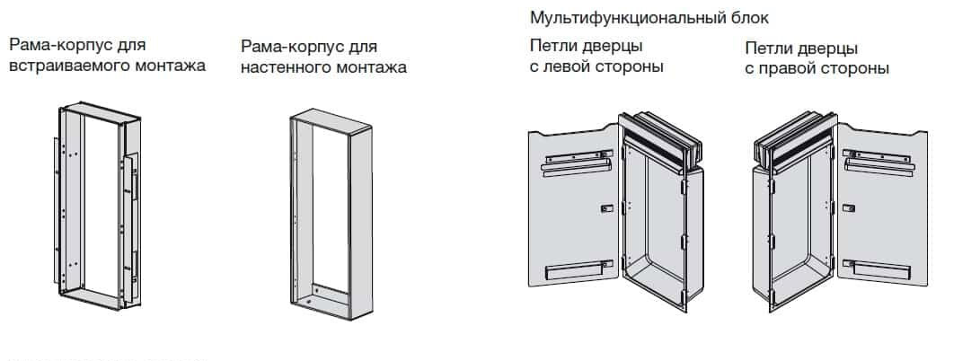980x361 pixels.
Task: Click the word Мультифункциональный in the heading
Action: tap(628, 18)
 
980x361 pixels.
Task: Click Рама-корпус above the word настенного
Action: tap(285, 47)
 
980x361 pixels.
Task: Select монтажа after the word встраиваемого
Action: tap(171, 66)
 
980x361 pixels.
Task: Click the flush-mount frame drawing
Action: tap(97, 206)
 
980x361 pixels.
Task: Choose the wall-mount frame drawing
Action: tap(331, 215)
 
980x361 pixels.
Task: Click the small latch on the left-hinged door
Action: tap(606, 208)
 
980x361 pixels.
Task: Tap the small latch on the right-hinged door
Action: tap(847, 208)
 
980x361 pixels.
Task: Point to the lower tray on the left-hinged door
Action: tap(574, 270)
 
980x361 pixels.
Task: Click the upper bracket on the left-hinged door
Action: tap(577, 163)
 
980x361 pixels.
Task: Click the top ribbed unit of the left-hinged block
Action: tap(661, 139)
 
